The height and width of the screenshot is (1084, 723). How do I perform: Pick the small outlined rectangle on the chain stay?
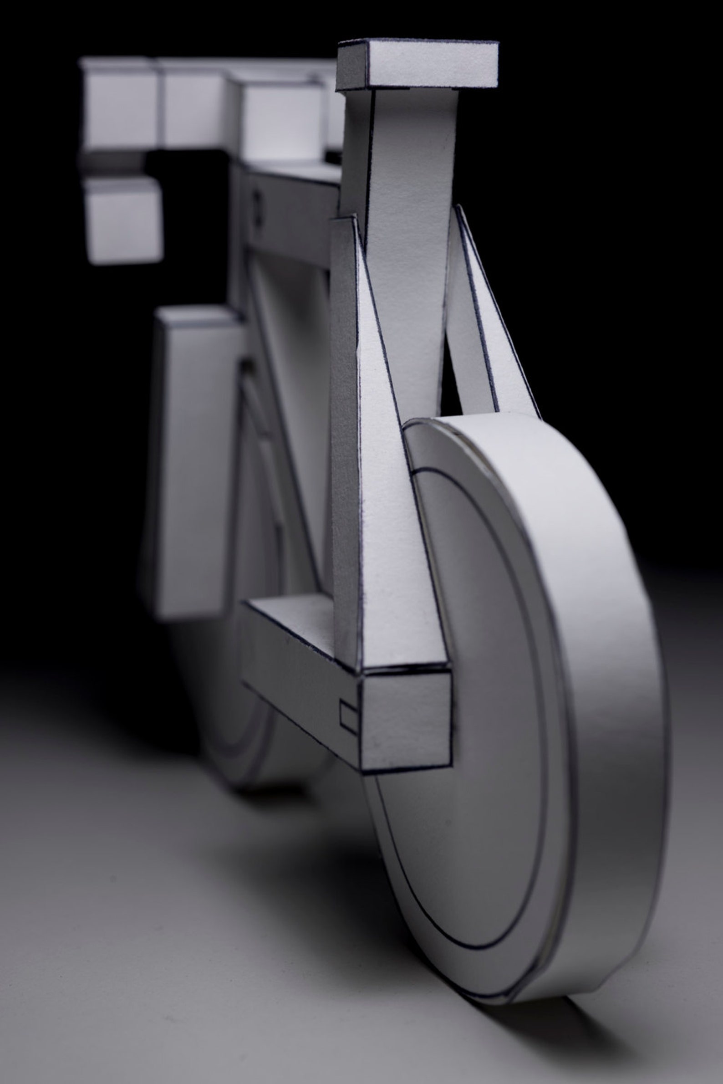pyautogui.click(x=349, y=718)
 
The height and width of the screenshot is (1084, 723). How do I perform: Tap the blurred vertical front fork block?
pyautogui.click(x=193, y=461)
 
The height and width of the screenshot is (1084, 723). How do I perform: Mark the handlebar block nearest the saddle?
pyautogui.click(x=281, y=120)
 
